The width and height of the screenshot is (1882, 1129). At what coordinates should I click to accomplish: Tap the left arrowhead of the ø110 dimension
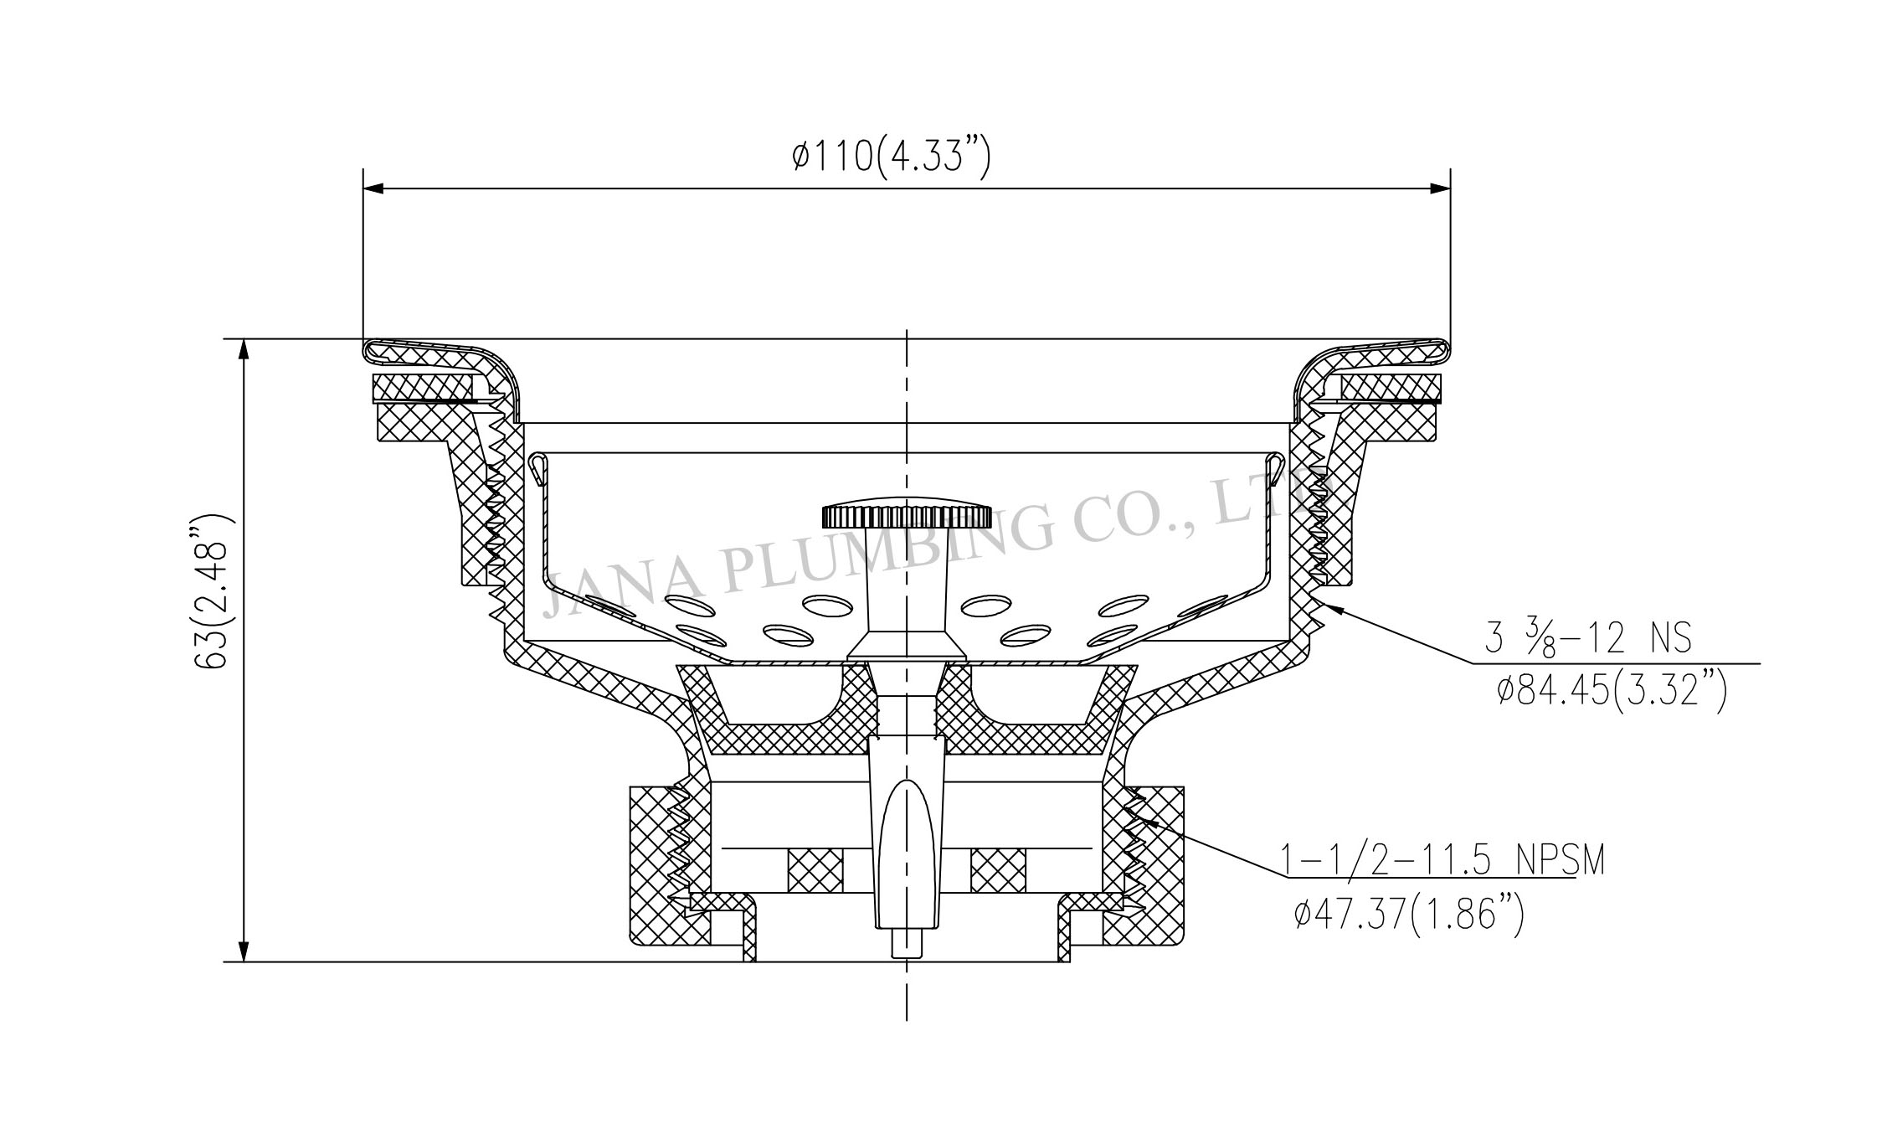374,188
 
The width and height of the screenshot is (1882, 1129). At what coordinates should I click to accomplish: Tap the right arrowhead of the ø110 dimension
1439,188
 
